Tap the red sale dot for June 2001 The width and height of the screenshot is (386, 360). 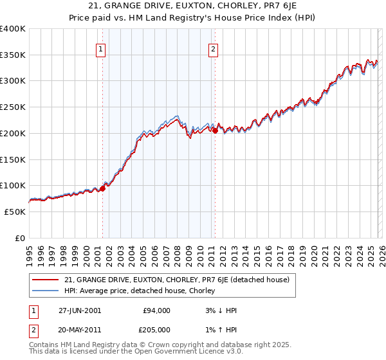102,189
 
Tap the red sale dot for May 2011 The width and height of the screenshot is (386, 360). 215,130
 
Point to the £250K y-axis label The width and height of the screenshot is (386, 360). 13,107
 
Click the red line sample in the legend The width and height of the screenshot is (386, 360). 45,280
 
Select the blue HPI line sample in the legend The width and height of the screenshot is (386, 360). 45,291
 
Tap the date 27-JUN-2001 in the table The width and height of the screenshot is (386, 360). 79,310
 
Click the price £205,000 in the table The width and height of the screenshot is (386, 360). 156,329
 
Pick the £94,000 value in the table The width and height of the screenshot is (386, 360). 156,310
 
